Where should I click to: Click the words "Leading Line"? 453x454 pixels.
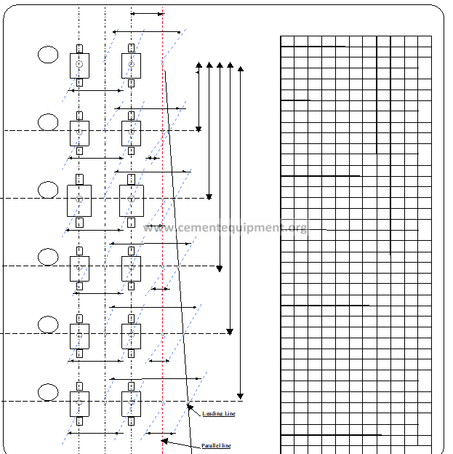[x=219, y=413]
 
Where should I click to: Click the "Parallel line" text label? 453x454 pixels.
[x=216, y=445]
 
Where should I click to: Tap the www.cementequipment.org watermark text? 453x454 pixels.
[x=225, y=228]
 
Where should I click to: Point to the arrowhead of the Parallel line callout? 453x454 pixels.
[x=164, y=441]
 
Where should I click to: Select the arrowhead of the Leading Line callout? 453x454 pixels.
[x=190, y=407]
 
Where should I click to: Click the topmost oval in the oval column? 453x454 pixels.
[x=48, y=55]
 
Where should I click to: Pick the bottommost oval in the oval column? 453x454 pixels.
[x=48, y=392]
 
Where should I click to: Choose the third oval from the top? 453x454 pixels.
[x=48, y=190]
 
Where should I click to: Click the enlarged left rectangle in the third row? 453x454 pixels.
[x=79, y=201]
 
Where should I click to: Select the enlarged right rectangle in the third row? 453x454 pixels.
[x=132, y=201]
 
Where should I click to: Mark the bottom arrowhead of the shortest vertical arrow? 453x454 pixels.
[x=199, y=129]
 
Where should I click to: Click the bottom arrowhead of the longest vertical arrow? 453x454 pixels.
[x=240, y=396]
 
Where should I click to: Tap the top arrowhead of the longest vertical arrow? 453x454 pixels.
[x=241, y=69]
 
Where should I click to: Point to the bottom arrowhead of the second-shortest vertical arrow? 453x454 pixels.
[x=209, y=197]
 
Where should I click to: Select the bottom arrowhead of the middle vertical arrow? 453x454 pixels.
[x=220, y=268]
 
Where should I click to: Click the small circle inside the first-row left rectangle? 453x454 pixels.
[x=79, y=64]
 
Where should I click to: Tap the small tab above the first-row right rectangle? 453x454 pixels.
[x=131, y=48]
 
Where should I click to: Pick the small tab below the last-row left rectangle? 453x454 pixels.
[x=79, y=421]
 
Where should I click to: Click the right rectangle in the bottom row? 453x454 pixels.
[x=131, y=405]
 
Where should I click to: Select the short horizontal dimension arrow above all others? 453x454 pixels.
[x=148, y=14]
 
